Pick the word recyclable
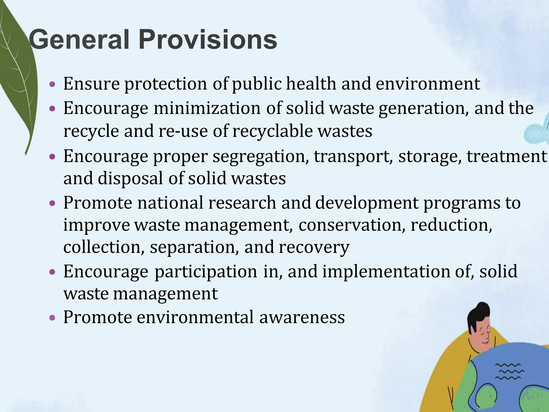point(272,131)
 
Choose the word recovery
point(314,247)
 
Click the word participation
point(206,271)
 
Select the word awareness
point(302,317)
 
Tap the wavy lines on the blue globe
point(509,371)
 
